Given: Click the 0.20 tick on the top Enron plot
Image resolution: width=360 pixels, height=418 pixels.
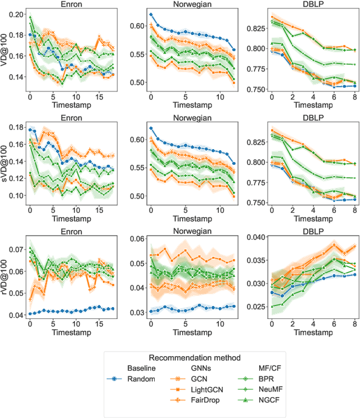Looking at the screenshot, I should (x=17, y=14).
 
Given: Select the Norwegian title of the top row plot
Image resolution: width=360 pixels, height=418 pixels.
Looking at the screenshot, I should (x=176, y=5).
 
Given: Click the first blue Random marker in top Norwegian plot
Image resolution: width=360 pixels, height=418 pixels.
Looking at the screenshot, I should (x=151, y=15).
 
